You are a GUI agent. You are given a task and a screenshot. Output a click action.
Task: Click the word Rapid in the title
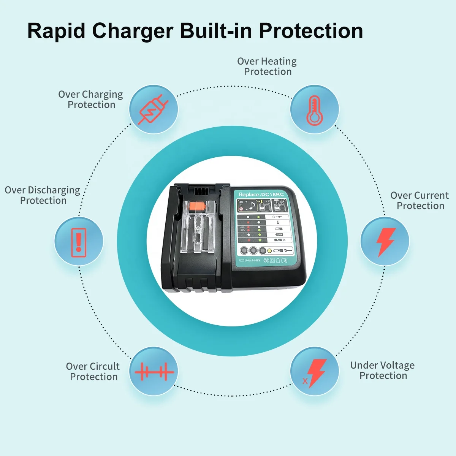(x=56, y=31)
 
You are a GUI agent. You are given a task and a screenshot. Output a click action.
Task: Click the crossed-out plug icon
(x=153, y=109)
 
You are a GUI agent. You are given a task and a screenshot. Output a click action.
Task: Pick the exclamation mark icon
(x=79, y=242)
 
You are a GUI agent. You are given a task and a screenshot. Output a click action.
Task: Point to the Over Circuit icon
(x=154, y=372)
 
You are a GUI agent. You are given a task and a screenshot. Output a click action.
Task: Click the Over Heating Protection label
(x=267, y=66)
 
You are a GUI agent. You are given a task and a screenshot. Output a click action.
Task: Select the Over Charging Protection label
(x=91, y=100)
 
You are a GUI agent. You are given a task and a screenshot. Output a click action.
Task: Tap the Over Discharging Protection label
(x=43, y=195)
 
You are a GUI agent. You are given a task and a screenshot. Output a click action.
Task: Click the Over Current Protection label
(x=420, y=201)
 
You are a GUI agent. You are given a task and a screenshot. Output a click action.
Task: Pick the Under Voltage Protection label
(x=383, y=370)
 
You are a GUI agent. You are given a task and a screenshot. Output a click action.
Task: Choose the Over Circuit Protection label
(x=93, y=372)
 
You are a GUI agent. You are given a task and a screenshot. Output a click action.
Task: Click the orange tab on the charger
(x=199, y=207)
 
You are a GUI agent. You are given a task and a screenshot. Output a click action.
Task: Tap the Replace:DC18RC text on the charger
(x=261, y=195)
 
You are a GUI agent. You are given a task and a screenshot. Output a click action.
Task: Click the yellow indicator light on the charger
(x=269, y=251)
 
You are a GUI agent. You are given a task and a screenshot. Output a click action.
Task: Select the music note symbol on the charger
(x=251, y=206)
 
